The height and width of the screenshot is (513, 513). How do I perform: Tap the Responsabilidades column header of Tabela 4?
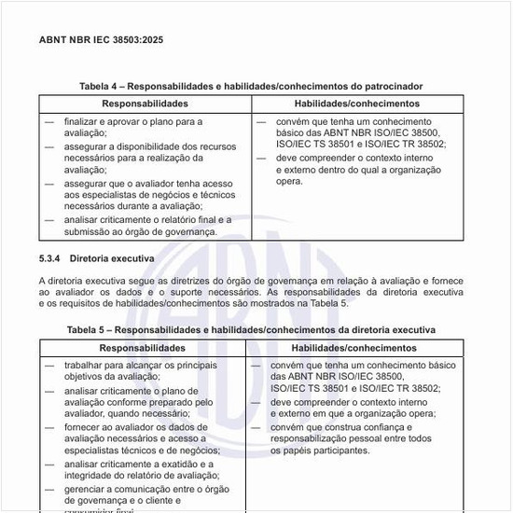click(x=145, y=104)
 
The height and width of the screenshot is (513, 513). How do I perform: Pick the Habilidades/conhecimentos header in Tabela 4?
click(x=356, y=104)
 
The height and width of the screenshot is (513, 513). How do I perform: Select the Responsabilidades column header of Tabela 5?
click(x=140, y=348)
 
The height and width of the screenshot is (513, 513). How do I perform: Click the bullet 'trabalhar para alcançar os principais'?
click(x=140, y=366)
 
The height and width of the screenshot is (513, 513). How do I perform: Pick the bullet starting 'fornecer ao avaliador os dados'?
click(x=140, y=426)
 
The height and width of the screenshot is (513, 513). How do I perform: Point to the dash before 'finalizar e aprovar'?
click(x=49, y=122)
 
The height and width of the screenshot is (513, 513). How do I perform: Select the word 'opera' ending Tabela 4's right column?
click(x=288, y=182)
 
